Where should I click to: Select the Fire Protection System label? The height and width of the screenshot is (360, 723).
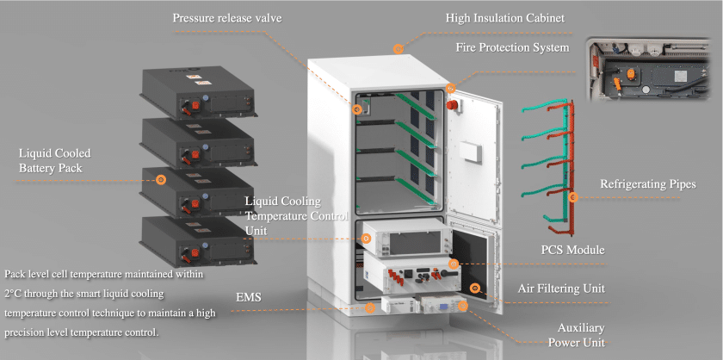click(512, 47)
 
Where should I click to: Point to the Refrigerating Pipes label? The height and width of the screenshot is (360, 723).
click(647, 183)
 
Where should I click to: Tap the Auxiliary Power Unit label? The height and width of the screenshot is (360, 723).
click(581, 335)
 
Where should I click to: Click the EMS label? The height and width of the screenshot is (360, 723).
click(249, 298)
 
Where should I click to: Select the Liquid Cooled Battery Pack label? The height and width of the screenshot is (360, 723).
click(54, 160)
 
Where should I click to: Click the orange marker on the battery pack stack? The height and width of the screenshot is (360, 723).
click(161, 180)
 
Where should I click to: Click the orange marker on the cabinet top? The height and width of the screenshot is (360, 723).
click(397, 49)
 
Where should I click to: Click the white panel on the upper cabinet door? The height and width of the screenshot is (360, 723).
click(473, 152)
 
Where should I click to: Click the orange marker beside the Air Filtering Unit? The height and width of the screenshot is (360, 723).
click(474, 288)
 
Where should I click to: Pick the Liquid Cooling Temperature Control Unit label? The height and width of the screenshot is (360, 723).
click(296, 215)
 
